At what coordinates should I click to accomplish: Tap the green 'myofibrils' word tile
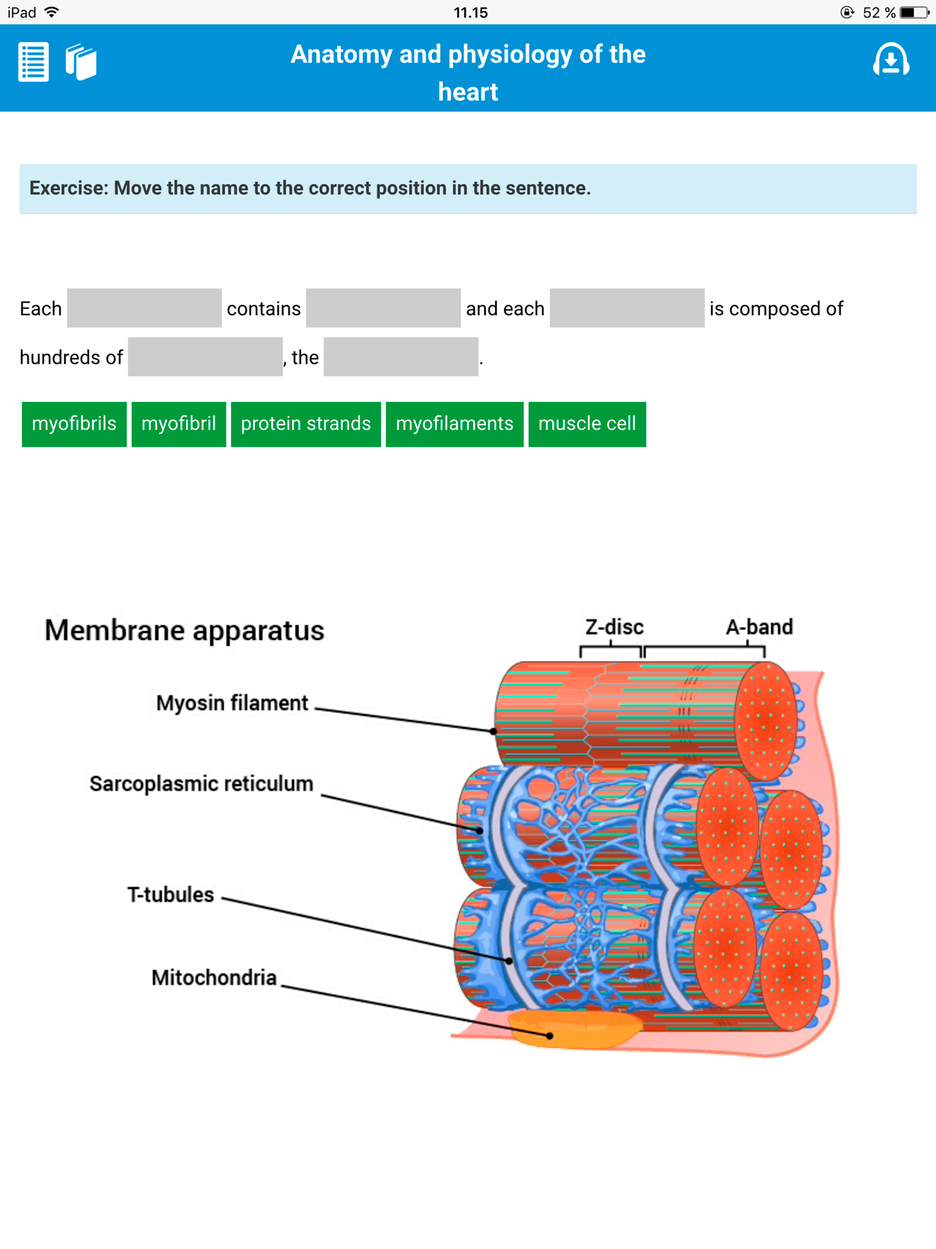pos(74,424)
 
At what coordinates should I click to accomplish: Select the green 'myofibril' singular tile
pos(178,424)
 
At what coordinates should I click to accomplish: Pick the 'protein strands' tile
pos(305,424)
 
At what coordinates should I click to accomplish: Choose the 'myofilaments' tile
pos(454,424)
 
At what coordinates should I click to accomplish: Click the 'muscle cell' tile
pos(587,424)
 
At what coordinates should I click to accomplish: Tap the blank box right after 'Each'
pos(144,308)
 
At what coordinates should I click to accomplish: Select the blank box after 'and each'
pos(627,308)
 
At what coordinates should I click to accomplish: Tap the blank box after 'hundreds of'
pos(205,357)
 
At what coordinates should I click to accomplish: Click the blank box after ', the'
pos(401,357)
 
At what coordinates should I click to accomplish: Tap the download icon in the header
pos(891,60)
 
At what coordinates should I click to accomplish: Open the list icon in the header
pos(33,62)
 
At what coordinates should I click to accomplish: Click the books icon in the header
pos(81,62)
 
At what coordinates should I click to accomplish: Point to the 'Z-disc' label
pos(614,627)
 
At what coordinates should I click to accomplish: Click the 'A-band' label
pos(759,627)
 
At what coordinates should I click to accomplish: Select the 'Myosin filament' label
pos(232,703)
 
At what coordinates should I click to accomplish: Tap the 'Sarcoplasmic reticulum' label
pos(201,784)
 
